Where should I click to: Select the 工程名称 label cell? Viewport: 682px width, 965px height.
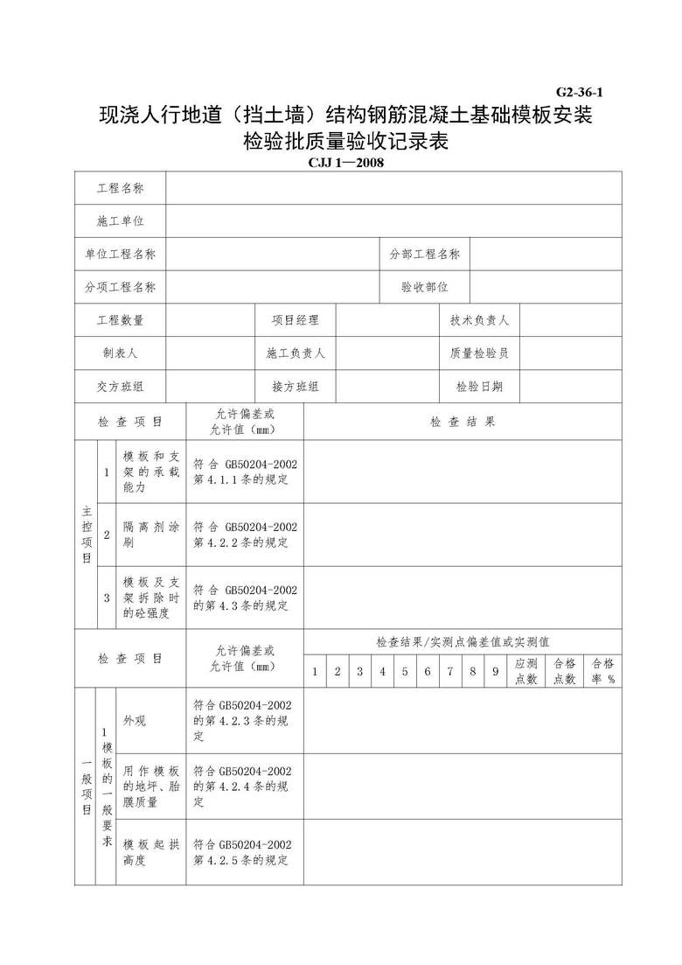(x=121, y=188)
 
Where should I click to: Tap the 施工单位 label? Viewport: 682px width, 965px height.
(x=121, y=221)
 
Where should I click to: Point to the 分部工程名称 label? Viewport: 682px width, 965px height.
(x=425, y=254)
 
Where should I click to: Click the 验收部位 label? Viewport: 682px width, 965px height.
(x=425, y=286)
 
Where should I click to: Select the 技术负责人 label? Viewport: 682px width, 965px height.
(x=479, y=320)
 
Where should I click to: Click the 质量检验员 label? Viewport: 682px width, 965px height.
(x=479, y=353)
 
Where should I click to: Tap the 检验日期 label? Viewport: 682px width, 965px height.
(x=479, y=387)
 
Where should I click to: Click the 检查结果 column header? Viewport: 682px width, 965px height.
(x=463, y=422)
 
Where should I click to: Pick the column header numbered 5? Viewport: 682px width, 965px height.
(x=404, y=672)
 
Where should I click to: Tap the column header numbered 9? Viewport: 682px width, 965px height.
(x=495, y=672)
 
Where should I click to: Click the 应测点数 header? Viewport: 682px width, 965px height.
(x=526, y=671)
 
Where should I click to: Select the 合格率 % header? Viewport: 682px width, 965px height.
(x=602, y=671)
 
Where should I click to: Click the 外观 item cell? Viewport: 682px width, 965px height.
(x=135, y=721)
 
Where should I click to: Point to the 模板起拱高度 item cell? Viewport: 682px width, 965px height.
(x=150, y=852)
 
